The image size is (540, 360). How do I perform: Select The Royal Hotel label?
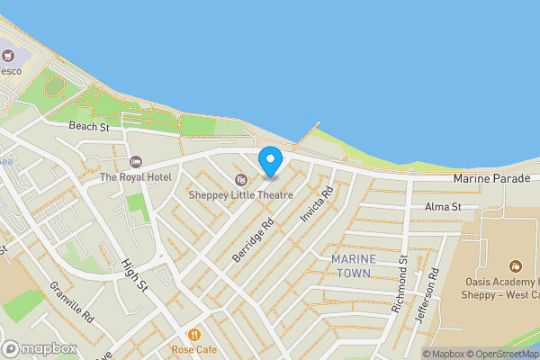click(x=136, y=177)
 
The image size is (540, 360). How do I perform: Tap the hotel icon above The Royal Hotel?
click(x=136, y=162)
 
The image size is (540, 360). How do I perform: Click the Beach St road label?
click(x=90, y=128)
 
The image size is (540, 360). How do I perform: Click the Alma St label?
click(x=443, y=207)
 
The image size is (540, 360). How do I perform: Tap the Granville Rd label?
click(x=72, y=302)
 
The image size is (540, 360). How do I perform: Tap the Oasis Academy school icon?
click(x=516, y=266)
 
